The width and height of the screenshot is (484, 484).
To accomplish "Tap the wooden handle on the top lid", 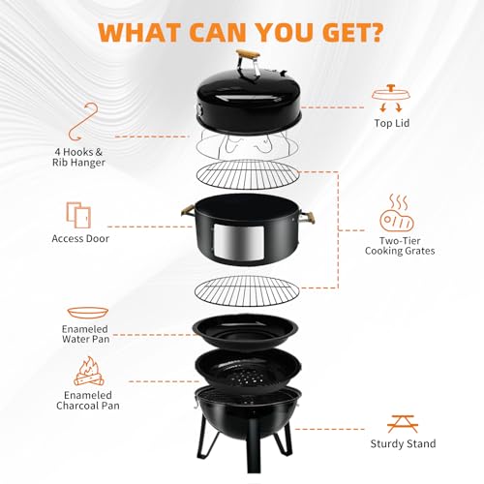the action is point(248,54).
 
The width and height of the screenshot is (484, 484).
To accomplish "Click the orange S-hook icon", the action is point(83,122).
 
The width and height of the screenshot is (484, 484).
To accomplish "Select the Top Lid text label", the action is point(392,123).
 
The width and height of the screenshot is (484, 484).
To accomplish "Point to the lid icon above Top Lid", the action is point(391,98).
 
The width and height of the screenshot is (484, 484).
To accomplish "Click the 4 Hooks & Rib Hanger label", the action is point(78,157).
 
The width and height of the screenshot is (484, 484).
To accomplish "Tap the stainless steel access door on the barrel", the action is point(239,242).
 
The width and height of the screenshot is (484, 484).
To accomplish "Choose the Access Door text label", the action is point(80,239).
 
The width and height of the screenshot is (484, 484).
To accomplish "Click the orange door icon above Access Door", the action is point(78,215).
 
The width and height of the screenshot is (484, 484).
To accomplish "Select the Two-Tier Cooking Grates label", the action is point(400,246).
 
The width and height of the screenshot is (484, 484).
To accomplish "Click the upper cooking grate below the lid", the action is point(247,174).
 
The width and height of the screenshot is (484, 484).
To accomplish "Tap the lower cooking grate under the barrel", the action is point(247,290).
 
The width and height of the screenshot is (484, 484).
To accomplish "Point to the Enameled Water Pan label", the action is point(85,334).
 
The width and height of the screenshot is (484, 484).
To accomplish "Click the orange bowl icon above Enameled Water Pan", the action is point(88,313).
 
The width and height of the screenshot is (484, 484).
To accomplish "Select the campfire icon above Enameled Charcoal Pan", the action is point(89,371).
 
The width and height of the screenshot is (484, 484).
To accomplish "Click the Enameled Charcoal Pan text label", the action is point(88,401).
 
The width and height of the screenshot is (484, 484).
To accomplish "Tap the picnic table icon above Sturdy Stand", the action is point(403,424).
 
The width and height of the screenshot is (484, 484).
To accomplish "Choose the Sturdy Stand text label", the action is point(403,444).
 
